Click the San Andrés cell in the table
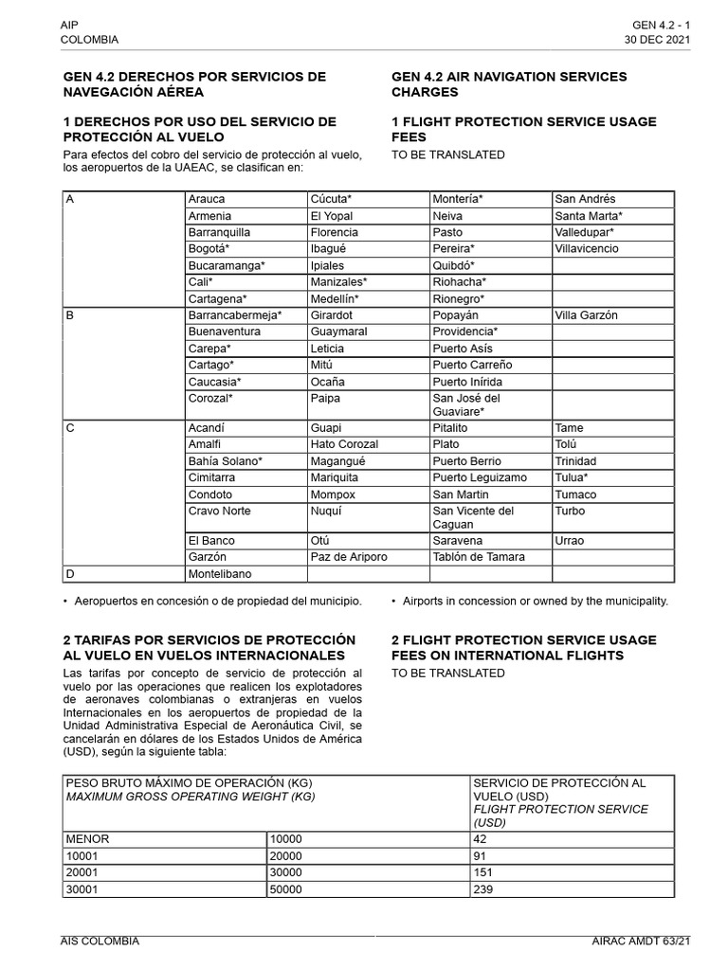click(585, 199)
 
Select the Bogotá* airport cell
click(208, 249)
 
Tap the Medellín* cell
click(335, 298)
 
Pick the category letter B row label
click(70, 315)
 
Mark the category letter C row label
click(70, 428)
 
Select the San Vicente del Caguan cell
click(473, 517)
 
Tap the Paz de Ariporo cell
click(349, 557)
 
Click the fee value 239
click(484, 889)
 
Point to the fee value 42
click(481, 838)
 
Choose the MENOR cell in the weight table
click(87, 838)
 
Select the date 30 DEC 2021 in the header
click(657, 40)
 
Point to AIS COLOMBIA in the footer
click(100, 941)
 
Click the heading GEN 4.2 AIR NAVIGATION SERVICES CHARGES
click(509, 84)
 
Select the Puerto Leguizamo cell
click(480, 477)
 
